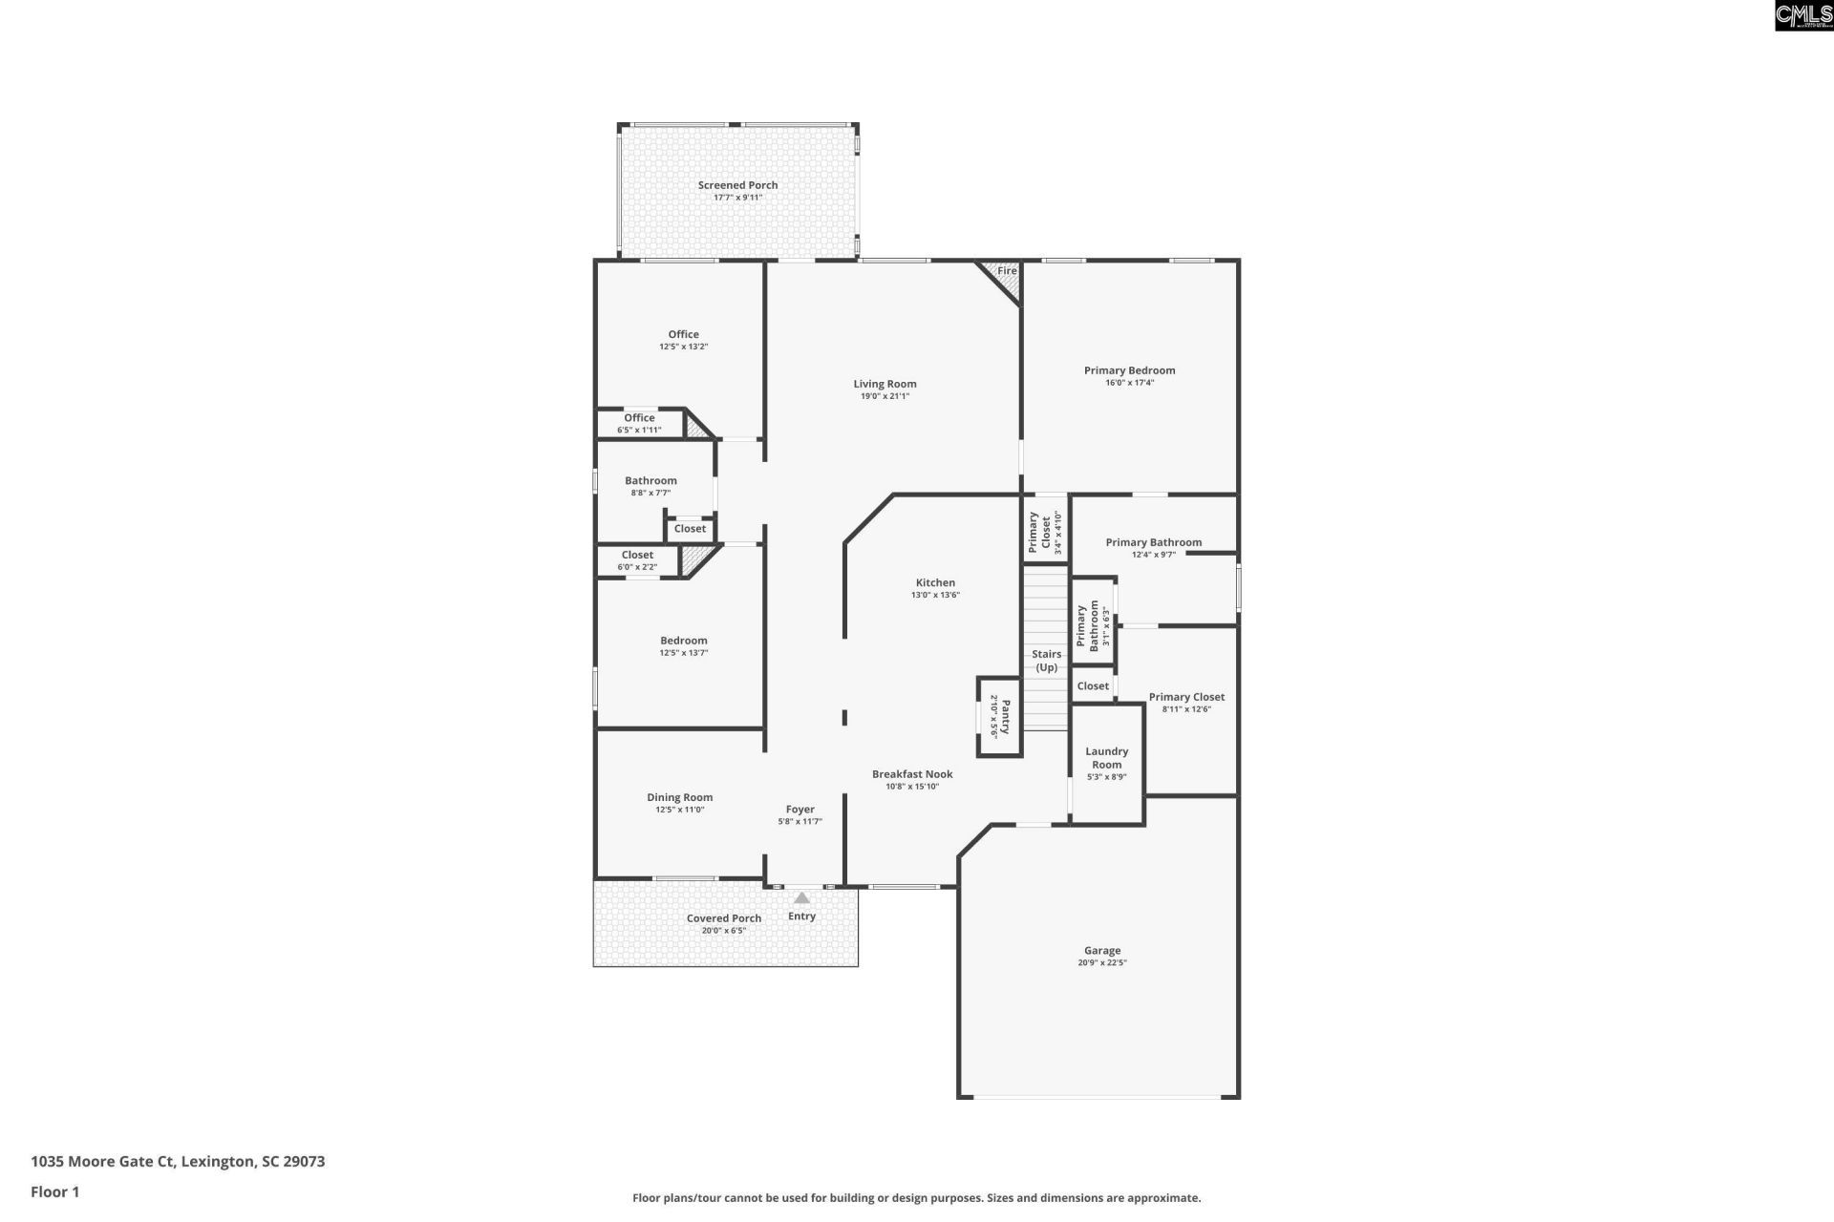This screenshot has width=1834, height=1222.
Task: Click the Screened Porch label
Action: [x=737, y=185]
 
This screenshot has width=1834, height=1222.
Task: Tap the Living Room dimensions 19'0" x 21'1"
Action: [x=885, y=396]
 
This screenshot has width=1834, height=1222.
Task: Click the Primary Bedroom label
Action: [x=1129, y=370]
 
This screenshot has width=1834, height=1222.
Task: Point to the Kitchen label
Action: [x=935, y=582]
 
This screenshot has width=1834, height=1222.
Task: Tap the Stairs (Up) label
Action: [x=1046, y=661]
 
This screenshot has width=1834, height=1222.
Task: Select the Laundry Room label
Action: [x=1106, y=758]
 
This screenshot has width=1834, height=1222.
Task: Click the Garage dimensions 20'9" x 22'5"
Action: [x=1102, y=963]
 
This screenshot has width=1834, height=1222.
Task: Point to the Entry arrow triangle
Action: [x=801, y=898]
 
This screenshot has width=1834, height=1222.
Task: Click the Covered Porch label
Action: [x=724, y=918]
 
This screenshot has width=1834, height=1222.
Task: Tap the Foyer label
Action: [x=800, y=810]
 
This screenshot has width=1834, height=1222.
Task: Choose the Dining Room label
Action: [x=679, y=797]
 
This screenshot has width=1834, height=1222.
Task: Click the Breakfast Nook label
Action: [x=912, y=774]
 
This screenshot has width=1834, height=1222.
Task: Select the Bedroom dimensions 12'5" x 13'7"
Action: [x=683, y=653]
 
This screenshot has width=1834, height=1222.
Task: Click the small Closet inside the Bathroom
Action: [x=690, y=529]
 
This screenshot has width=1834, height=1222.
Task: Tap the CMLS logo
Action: [x=1802, y=15]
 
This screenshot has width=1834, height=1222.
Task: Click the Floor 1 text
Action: [x=55, y=1191]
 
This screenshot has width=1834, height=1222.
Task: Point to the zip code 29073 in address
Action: [x=304, y=1162]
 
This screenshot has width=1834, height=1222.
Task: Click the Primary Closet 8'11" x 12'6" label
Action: [x=1186, y=697]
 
